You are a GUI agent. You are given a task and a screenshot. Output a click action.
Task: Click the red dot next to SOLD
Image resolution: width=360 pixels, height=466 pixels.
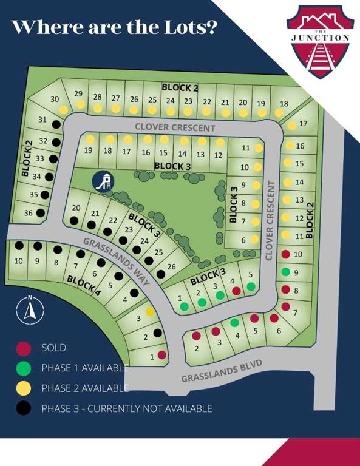24,348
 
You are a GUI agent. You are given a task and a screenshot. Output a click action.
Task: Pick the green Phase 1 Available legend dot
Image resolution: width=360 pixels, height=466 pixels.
24,368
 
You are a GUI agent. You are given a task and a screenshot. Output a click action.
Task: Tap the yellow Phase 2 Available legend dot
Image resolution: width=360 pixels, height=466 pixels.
24,388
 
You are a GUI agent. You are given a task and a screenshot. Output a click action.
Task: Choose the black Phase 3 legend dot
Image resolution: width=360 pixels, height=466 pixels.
24,408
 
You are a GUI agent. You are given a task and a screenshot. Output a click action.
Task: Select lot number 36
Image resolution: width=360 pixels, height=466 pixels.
28,213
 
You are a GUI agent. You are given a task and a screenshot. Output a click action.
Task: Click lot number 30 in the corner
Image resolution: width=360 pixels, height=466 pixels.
55,99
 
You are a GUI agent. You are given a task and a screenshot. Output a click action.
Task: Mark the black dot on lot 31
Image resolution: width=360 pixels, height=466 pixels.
55,124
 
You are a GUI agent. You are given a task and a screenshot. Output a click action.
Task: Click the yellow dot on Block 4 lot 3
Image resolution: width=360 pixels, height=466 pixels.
149,311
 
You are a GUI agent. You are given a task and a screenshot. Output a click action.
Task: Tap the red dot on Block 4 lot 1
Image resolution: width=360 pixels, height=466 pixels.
161,354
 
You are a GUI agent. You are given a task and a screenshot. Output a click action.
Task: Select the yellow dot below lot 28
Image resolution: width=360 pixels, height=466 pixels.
97,108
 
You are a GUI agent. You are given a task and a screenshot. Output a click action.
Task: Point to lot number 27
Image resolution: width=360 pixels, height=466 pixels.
115,98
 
